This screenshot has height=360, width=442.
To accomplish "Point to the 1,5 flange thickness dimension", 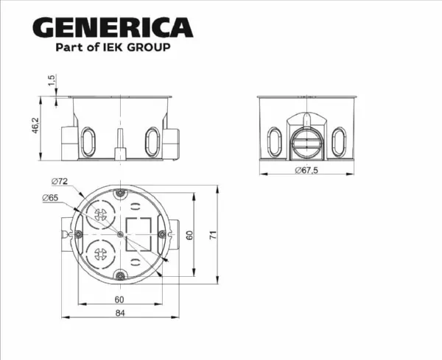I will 51,80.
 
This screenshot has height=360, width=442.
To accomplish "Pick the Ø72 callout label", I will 60,181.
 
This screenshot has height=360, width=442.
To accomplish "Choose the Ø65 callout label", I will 51,198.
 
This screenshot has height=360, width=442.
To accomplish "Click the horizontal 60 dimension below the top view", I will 119,299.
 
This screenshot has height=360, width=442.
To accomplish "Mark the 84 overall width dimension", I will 119,314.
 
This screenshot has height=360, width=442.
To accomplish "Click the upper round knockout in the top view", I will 99,215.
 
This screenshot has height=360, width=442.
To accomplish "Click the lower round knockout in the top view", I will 99,256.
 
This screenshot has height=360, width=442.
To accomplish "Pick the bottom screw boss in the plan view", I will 120,276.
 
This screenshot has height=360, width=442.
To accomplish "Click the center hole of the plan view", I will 120,234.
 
